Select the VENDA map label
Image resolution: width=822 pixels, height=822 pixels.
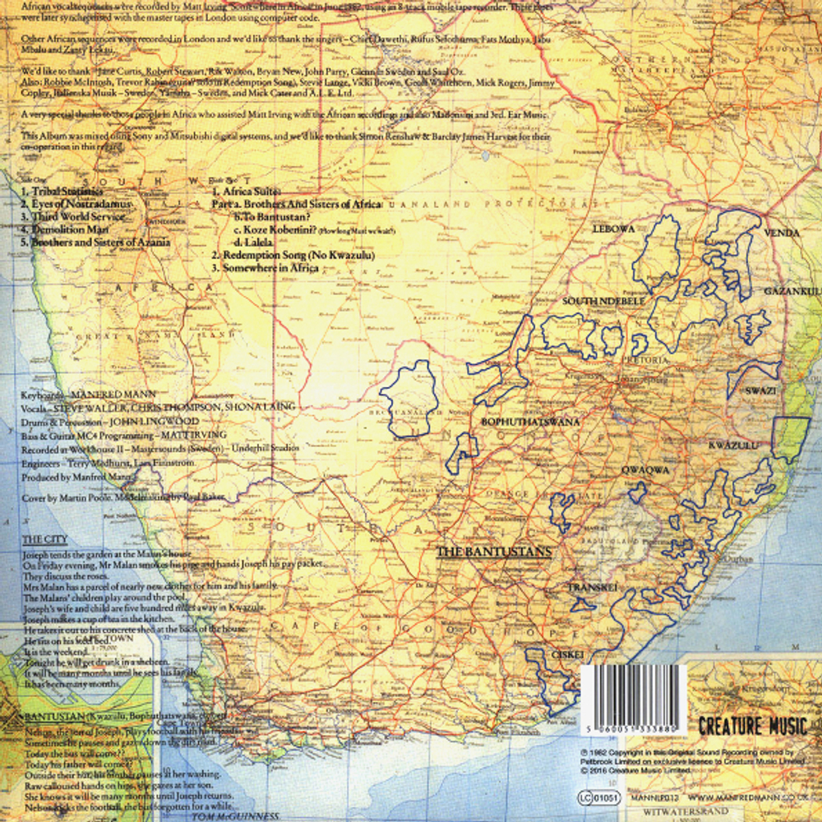click(x=781, y=233)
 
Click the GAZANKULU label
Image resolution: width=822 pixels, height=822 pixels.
click(x=792, y=292)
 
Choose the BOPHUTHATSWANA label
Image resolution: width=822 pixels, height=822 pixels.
click(x=530, y=422)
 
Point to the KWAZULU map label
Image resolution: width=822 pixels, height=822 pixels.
click(x=731, y=445)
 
